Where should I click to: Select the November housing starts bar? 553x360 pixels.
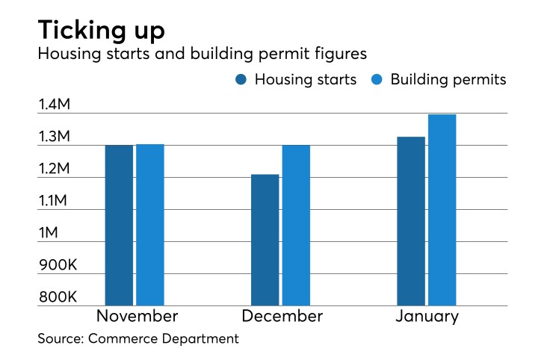pos(119,225)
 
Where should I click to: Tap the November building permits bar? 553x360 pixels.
pos(150,225)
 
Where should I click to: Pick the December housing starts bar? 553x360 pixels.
pos(265,240)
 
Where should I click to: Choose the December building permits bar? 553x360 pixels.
pos(296,225)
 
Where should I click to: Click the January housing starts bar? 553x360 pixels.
pos(411,221)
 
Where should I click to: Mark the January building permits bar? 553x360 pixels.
pos(442,210)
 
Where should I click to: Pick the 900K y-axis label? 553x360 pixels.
pos(56,266)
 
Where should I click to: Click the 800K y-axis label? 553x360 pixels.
pos(56,297)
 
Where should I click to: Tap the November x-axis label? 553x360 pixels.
pos(137,317)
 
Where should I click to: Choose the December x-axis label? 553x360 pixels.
pos(282,317)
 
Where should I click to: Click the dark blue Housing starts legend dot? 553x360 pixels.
pos(241,80)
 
